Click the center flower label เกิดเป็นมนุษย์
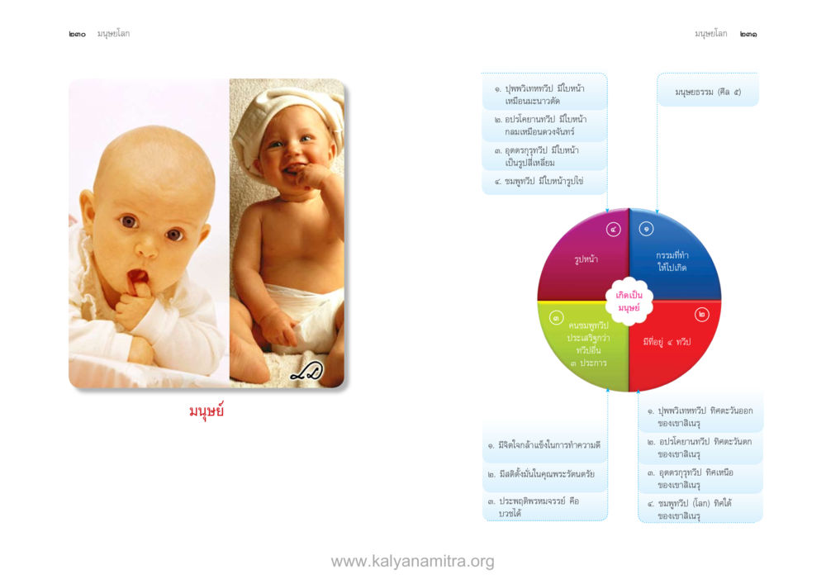tap(629, 301)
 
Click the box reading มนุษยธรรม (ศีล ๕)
tap(708, 93)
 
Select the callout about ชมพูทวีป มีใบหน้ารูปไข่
tap(544, 182)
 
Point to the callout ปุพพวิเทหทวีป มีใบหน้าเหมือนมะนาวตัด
tap(544, 94)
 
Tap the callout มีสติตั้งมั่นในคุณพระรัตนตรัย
tap(545, 474)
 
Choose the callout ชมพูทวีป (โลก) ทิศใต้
tap(700, 509)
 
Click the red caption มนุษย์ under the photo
tap(206, 411)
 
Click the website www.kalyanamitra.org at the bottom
tap(412, 562)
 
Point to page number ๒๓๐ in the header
tap(77, 34)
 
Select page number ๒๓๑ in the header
tap(748, 34)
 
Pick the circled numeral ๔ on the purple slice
tap(613, 230)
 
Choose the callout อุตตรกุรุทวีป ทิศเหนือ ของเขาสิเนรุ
tap(700, 478)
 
